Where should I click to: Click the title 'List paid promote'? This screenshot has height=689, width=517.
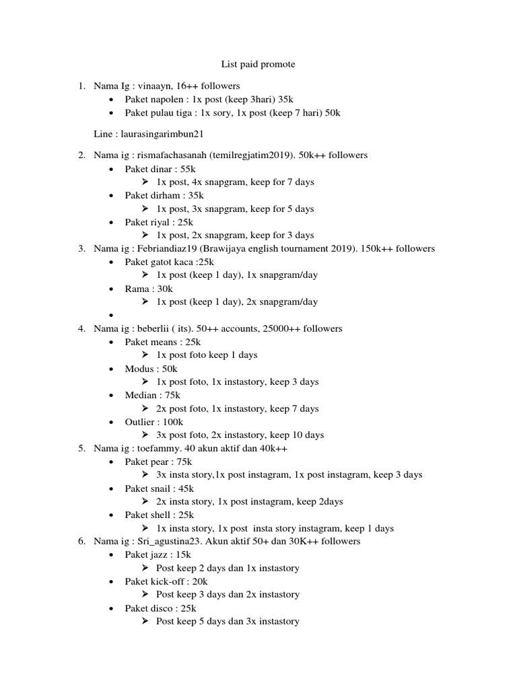pos(258,65)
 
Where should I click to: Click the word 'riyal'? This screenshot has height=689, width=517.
pos(160,222)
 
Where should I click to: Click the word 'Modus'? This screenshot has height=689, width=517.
pos(139,369)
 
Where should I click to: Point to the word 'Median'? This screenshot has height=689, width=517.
pos(139,395)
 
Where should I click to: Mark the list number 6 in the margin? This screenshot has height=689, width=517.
pos(81,542)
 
